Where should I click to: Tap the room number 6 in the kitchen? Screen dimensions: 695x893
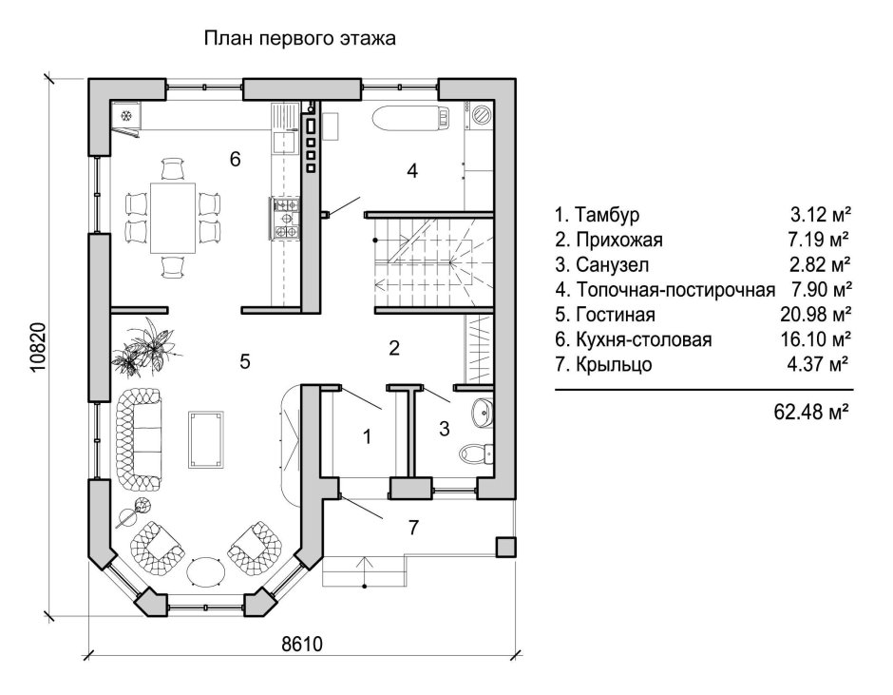234,159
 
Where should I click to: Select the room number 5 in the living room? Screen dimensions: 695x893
244,361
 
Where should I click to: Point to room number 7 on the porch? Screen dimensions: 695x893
412,528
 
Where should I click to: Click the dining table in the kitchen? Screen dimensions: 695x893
173,218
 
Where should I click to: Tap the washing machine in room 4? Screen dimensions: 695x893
482,116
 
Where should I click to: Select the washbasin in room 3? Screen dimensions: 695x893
482,413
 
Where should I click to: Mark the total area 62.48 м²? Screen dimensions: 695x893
811,413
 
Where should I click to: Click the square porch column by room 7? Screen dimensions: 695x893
505,547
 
